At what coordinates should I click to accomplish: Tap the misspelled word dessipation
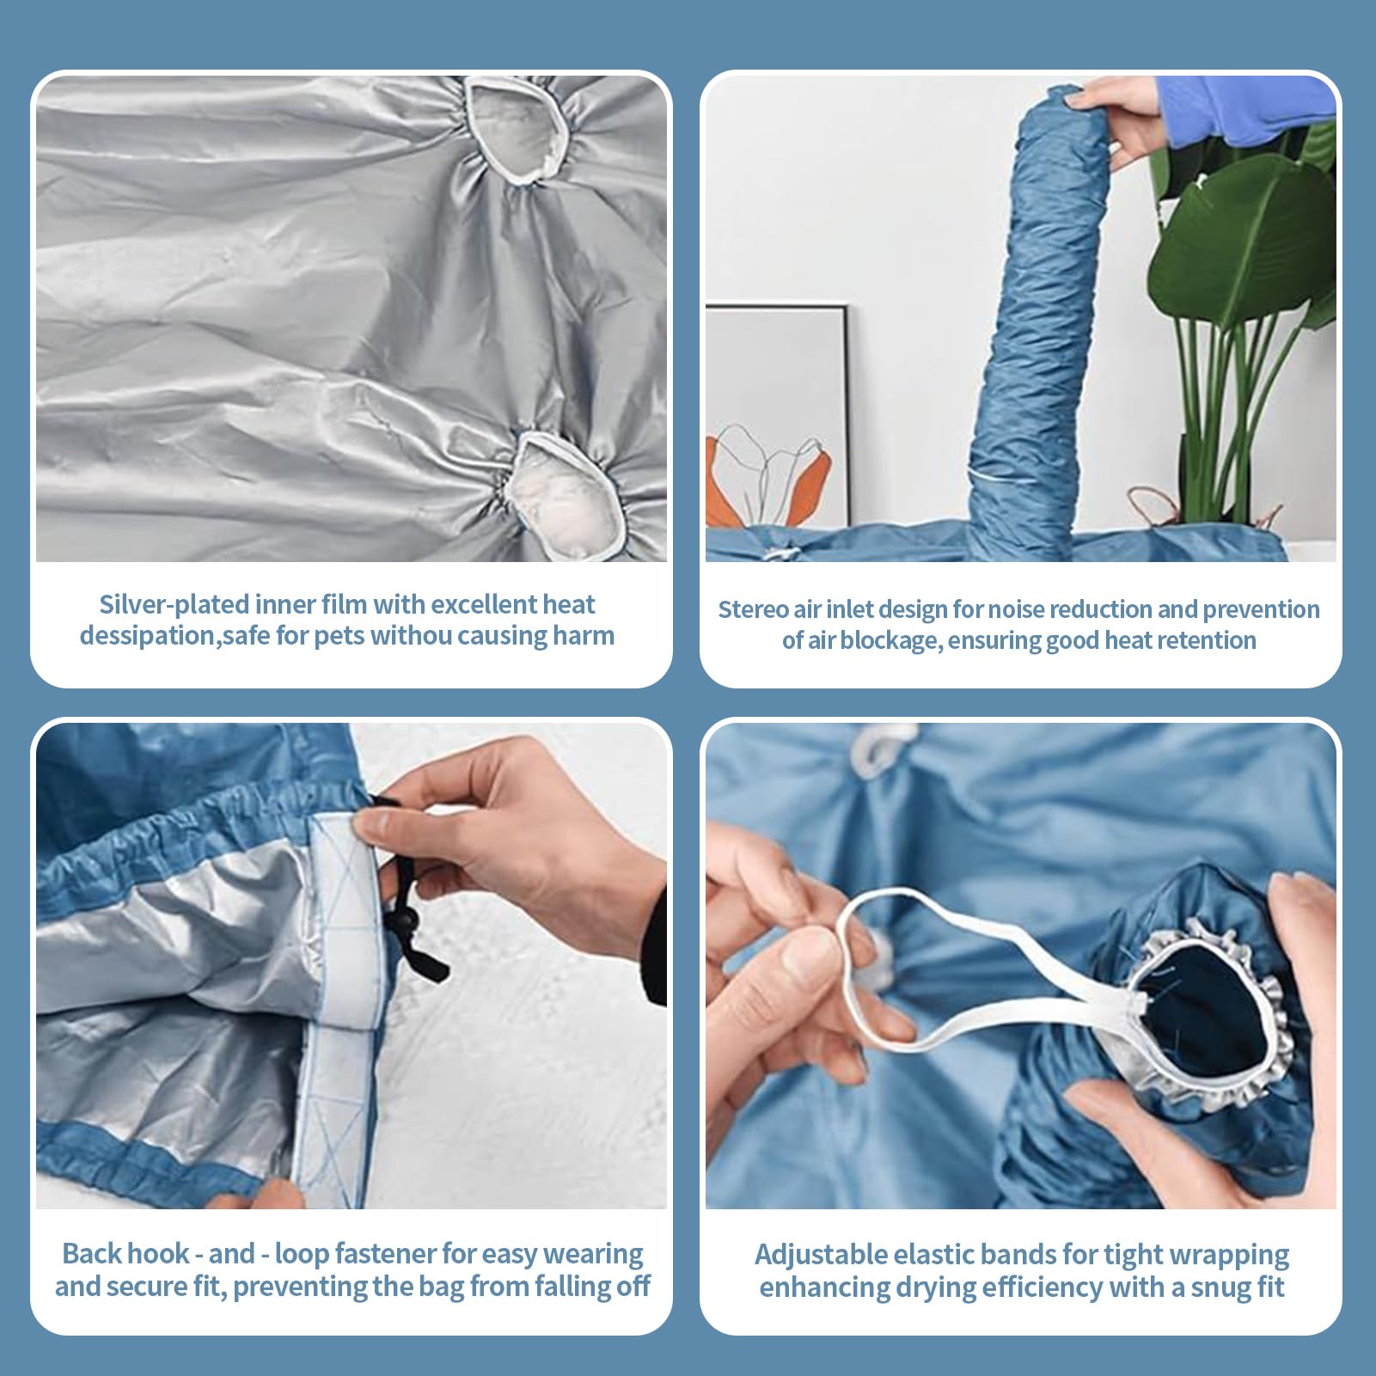tap(148, 636)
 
